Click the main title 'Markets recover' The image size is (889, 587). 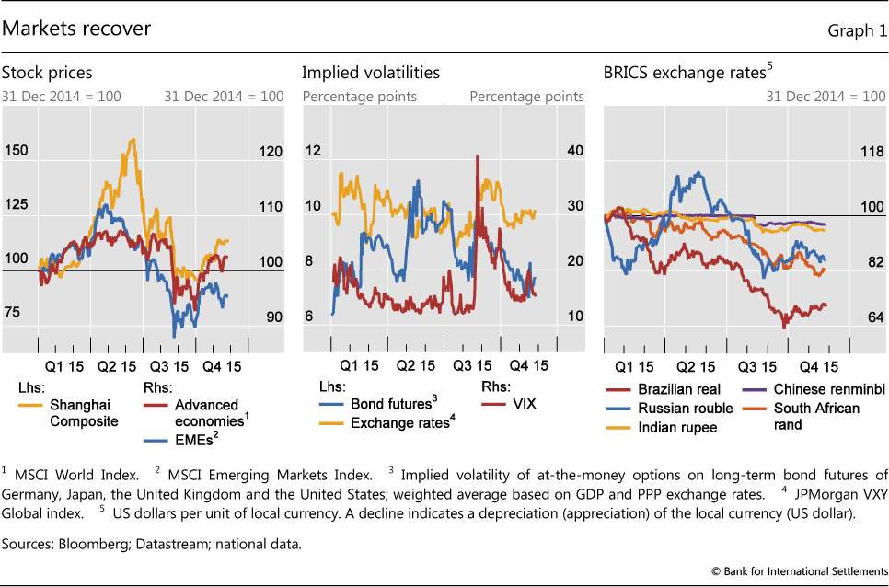click(76, 29)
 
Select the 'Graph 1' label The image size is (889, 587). click(856, 31)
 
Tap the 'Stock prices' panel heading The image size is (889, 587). click(47, 73)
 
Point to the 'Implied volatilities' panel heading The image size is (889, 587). click(371, 73)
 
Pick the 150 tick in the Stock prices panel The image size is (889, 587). click(17, 151)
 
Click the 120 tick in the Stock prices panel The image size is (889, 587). click(271, 151)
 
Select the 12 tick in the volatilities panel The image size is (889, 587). click(313, 151)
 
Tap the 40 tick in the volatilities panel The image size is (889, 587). click(574, 151)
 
